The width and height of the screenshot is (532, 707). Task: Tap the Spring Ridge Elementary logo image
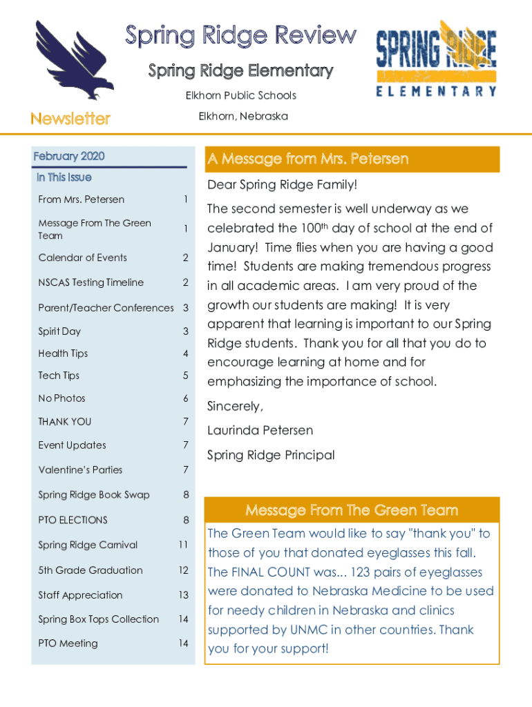pyautogui.click(x=435, y=58)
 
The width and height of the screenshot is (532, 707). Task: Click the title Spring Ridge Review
pyautogui.click(x=240, y=37)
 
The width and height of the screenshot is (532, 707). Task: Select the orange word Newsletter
pyautogui.click(x=70, y=119)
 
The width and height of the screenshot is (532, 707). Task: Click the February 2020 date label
pyautogui.click(x=69, y=156)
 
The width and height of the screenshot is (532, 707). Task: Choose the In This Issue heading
pyautogui.click(x=64, y=177)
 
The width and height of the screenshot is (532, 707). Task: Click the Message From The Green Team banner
pyautogui.click(x=352, y=510)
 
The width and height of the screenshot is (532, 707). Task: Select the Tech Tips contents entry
pyautogui.click(x=59, y=376)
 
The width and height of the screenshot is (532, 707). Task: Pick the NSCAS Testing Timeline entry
pyautogui.click(x=91, y=282)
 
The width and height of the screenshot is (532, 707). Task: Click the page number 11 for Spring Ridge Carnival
pyautogui.click(x=182, y=545)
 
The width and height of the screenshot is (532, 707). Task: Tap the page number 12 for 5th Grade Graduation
pyautogui.click(x=182, y=570)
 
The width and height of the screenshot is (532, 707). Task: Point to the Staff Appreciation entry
pyautogui.click(x=80, y=595)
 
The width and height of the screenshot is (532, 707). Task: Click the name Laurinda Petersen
pyautogui.click(x=260, y=430)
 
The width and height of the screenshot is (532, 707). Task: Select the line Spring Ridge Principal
pyautogui.click(x=271, y=455)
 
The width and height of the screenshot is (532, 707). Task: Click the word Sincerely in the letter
pyautogui.click(x=235, y=406)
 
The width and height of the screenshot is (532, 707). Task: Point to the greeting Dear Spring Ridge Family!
pyautogui.click(x=283, y=185)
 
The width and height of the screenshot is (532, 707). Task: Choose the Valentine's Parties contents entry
pyautogui.click(x=80, y=470)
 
